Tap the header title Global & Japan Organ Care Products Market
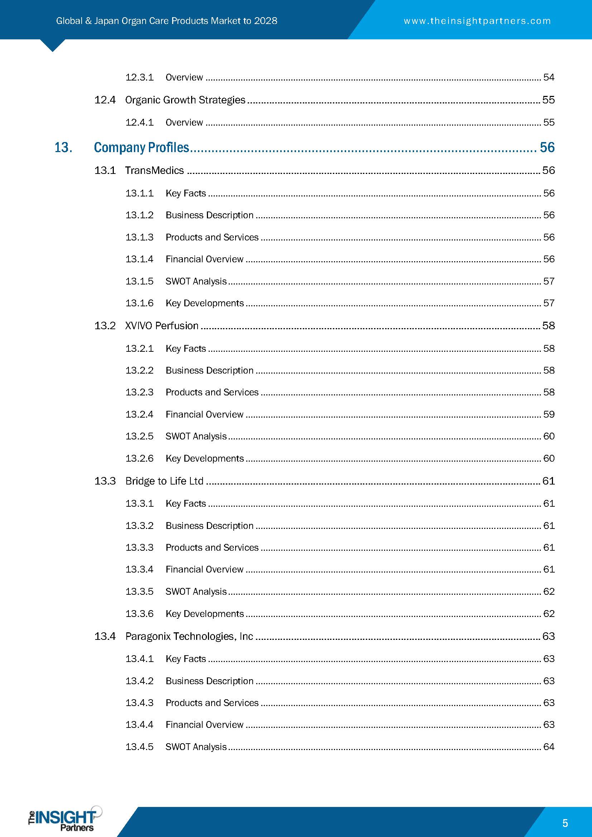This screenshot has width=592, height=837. tap(166, 21)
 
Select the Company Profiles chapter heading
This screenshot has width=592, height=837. tap(141, 148)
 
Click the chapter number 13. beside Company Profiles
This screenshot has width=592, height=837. tap(63, 148)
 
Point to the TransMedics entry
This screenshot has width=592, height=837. tap(154, 171)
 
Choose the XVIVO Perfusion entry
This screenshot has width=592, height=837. tap(161, 326)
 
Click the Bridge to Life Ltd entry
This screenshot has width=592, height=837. tap(164, 481)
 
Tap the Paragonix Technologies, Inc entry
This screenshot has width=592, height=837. tap(189, 637)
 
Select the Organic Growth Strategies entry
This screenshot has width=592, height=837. tap(185, 100)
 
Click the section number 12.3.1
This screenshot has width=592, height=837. tap(139, 77)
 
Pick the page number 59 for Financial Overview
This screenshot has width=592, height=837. tap(549, 414)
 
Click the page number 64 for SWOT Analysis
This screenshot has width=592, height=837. tap(549, 747)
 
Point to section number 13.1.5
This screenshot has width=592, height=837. tap(139, 281)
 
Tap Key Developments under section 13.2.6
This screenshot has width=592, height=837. tap(204, 459)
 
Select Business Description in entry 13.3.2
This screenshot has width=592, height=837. tap(209, 526)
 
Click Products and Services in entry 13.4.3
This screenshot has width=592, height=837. tap(212, 703)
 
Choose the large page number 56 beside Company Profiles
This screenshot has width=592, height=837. tap(547, 148)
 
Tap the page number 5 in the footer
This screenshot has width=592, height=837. tap(565, 823)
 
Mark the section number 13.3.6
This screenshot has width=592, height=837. tap(139, 614)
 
